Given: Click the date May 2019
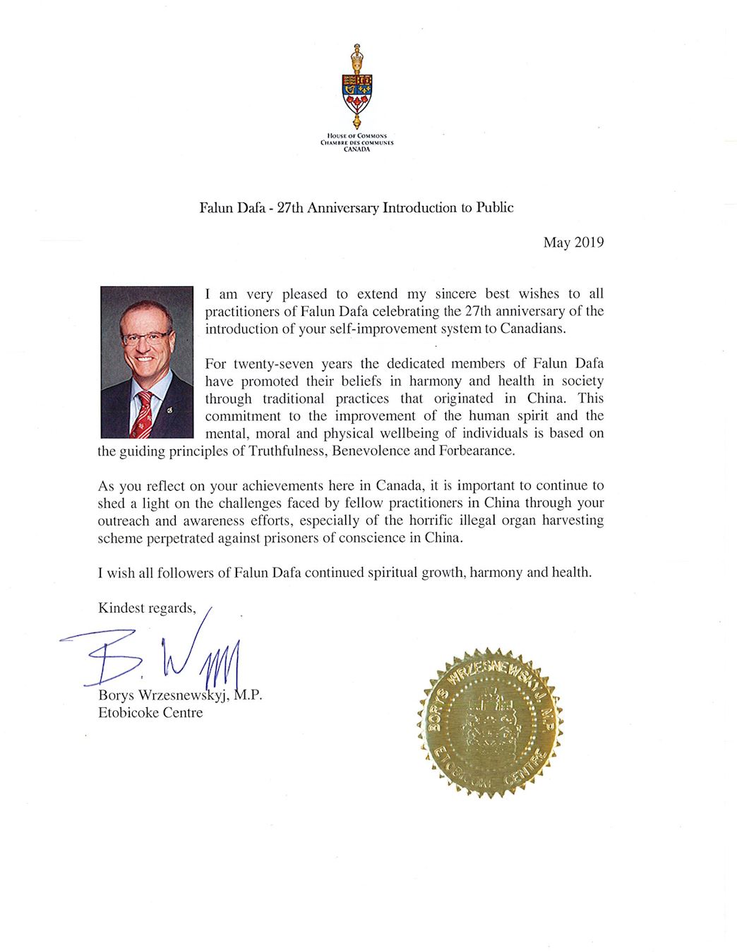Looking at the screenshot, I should click(573, 243).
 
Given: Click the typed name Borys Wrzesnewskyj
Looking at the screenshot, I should click(164, 695).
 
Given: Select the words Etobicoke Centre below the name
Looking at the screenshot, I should click(150, 713).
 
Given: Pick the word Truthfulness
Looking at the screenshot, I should click(287, 451).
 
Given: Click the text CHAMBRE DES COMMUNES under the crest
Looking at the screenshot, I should click(356, 142).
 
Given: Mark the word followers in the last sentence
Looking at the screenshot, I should click(185, 573).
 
